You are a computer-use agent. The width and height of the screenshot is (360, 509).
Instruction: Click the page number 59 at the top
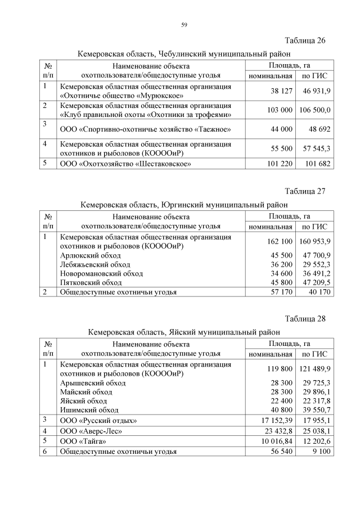pos(183,24)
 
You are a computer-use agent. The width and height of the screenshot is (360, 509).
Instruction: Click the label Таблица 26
pos(305,41)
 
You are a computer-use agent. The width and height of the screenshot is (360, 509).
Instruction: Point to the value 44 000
pos(277,129)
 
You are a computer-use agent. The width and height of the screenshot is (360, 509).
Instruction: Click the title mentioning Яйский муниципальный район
pos(184,332)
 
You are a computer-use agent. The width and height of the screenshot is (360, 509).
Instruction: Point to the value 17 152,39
pos(273,420)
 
